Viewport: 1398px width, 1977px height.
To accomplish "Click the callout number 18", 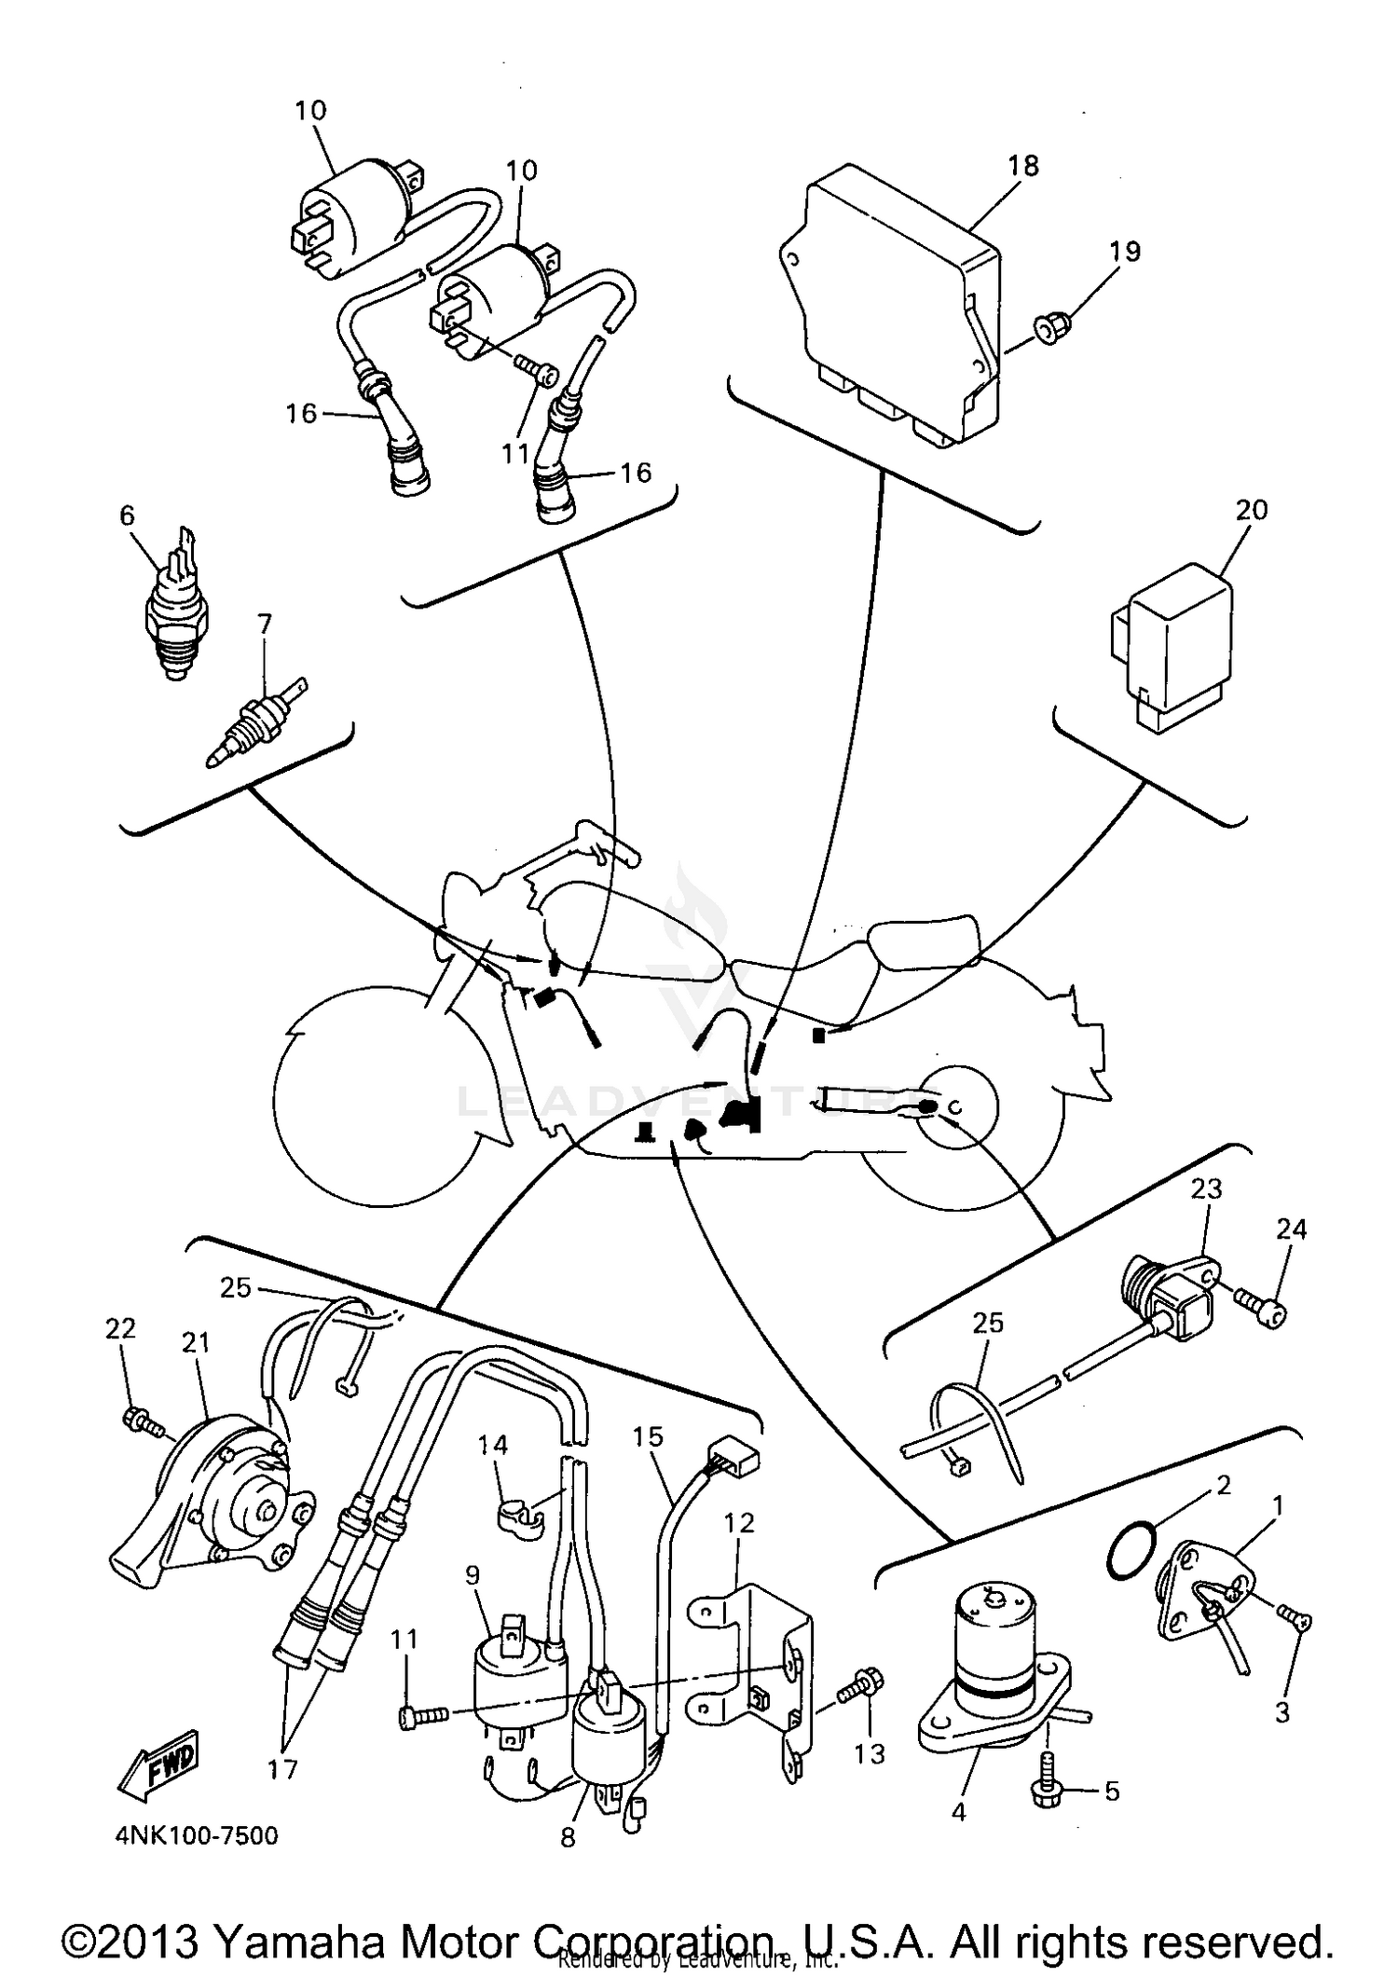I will tap(1022, 166).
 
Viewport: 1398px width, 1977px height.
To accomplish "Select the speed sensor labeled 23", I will tap(1170, 1298).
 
